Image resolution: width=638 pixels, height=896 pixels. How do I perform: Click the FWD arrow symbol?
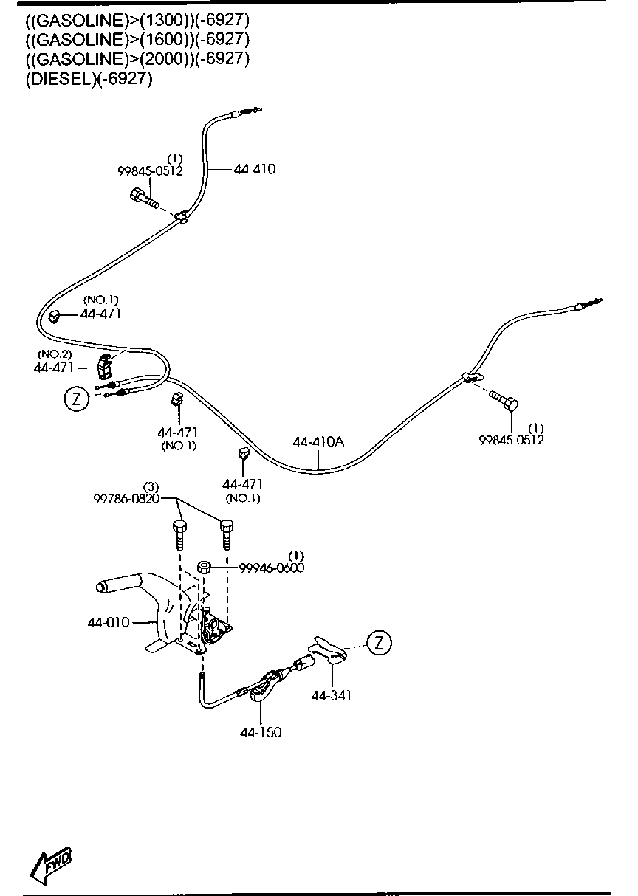51,864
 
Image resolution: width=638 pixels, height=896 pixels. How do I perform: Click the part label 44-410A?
318,442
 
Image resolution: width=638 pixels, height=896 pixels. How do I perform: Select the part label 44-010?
109,623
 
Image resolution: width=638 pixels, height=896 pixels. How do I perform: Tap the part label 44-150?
260,732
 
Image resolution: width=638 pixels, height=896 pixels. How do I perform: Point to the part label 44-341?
332,695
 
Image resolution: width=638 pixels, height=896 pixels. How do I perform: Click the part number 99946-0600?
271,567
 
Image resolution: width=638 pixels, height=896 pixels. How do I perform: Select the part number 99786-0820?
127,499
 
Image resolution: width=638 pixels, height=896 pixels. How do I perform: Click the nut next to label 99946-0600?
205,567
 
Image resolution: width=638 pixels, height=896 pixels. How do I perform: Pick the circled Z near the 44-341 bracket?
379,643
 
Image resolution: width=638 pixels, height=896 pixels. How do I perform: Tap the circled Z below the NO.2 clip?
75,399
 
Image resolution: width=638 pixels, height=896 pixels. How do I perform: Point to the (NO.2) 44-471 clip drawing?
103,363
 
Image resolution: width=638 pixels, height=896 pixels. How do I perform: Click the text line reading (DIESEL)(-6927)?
89,80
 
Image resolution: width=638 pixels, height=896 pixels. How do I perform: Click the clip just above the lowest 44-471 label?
244,454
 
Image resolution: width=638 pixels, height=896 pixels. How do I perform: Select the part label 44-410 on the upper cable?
254,169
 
